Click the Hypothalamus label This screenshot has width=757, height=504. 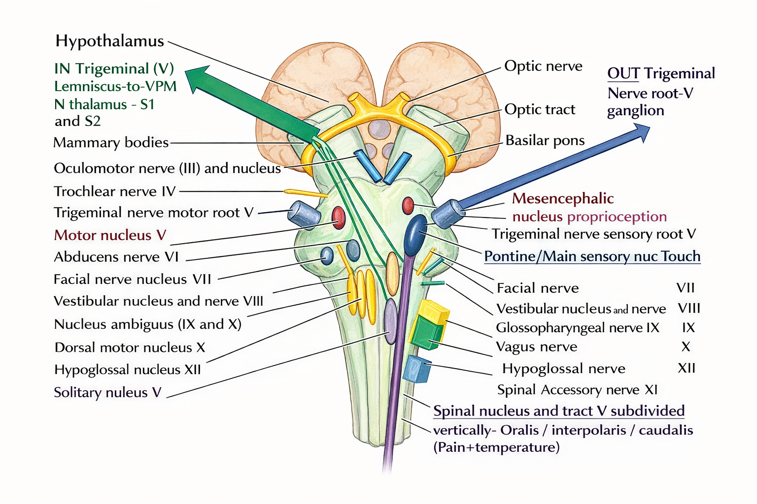(109, 41)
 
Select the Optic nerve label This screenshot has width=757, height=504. (543, 66)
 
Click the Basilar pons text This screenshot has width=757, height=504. (545, 140)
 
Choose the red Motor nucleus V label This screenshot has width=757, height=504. (110, 235)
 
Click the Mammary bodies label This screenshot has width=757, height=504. (111, 143)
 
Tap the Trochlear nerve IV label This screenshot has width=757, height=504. (114, 191)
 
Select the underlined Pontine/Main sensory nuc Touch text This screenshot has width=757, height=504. (592, 256)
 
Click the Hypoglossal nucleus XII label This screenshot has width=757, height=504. (128, 370)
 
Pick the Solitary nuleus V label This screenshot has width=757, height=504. (107, 392)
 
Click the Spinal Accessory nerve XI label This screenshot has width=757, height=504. (577, 390)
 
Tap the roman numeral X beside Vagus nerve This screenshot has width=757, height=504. (686, 346)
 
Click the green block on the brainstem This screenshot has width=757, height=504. (426, 333)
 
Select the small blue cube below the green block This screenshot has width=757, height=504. (416, 369)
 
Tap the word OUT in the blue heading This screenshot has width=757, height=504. (623, 73)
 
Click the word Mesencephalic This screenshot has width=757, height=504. (563, 198)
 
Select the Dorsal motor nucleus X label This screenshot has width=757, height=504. (130, 347)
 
